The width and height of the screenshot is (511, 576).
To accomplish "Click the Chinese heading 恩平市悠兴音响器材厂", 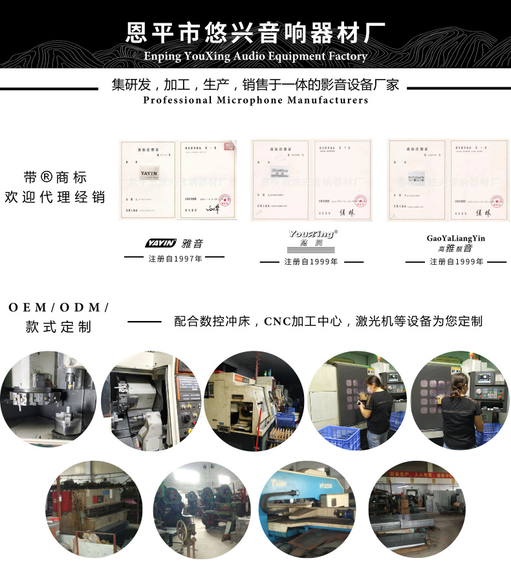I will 255,32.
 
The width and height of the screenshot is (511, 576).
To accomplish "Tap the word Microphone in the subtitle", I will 250,100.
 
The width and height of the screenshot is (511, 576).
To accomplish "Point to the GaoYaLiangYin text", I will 455,238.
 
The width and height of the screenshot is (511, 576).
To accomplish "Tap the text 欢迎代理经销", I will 55,197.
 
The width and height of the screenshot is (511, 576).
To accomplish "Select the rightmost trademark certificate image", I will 446,180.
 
